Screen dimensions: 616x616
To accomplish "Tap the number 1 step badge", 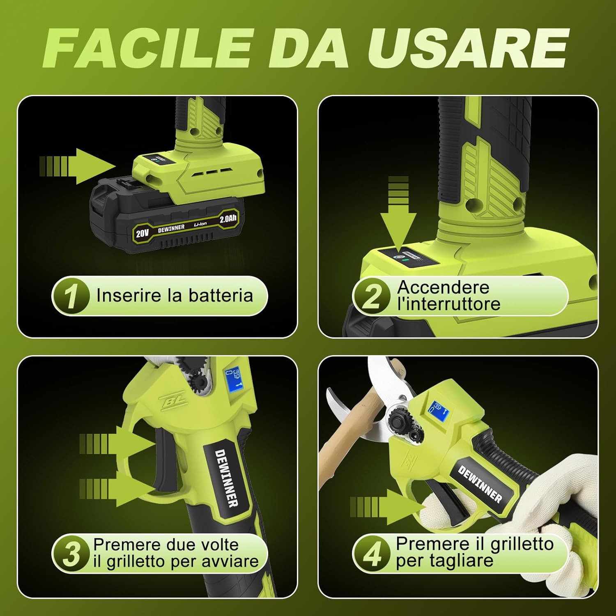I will point(71,296).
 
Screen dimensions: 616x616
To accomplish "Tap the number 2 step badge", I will point(372,296).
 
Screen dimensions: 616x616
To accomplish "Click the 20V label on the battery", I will point(142,233).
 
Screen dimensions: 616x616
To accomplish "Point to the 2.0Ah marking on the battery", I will point(228,219).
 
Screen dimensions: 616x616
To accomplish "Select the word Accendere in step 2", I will point(443,287).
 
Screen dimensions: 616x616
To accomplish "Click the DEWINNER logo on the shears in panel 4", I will point(480,485).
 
